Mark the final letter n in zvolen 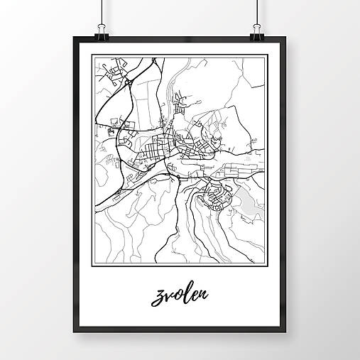[204, 294]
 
